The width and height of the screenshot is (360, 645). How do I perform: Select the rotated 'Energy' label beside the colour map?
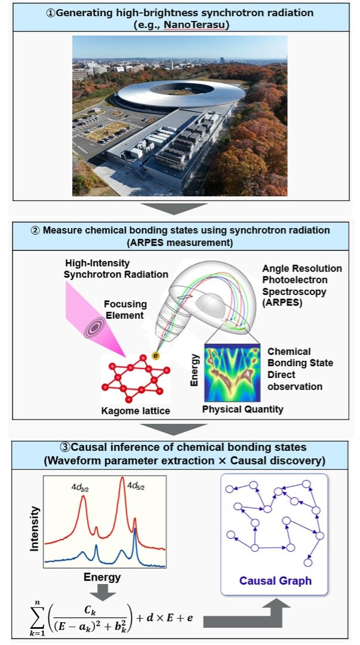(195, 370)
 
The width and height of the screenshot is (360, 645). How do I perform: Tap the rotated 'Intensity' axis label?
(35, 528)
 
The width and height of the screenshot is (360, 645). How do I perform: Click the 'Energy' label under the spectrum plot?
(102, 578)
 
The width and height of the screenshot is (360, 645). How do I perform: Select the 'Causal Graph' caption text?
(275, 580)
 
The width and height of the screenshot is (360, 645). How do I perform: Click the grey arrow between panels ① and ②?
(180, 207)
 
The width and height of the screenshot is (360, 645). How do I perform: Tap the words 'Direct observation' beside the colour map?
(295, 380)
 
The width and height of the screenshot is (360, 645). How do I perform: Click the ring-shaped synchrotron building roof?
(179, 96)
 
